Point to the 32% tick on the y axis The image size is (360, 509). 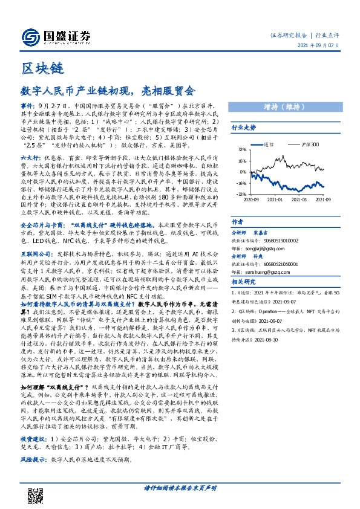241,150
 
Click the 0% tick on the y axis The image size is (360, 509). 243,172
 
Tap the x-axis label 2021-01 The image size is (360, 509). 275,199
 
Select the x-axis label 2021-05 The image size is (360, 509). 299,199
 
